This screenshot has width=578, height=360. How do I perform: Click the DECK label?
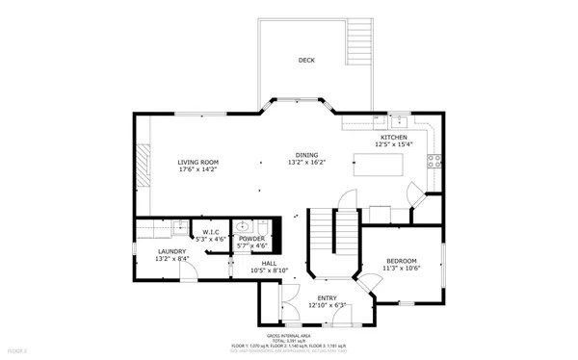(306, 61)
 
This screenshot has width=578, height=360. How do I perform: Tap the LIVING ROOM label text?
(197, 162)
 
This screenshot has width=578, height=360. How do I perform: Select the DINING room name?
(306, 155)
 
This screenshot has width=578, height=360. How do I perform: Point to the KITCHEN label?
(394, 138)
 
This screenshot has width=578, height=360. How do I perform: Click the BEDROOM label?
(402, 262)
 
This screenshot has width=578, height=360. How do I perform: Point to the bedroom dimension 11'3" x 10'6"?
(402, 269)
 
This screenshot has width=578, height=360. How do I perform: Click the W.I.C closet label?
(210, 232)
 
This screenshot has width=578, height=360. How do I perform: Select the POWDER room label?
(251, 239)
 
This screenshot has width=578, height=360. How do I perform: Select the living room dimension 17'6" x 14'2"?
(197, 169)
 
